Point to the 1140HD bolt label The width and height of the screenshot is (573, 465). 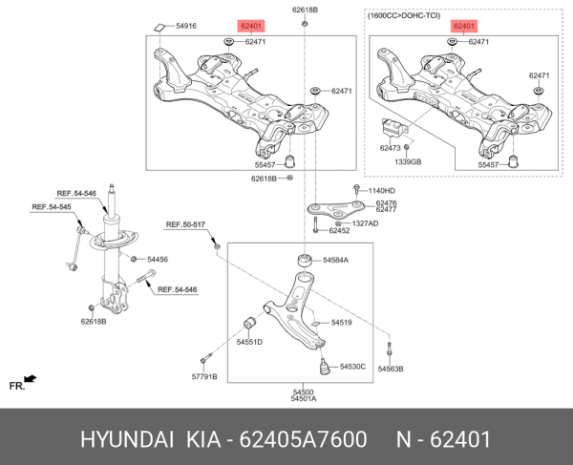(x=380, y=191)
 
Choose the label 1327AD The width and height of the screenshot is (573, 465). (x=363, y=223)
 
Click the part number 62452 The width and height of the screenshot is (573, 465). (x=339, y=231)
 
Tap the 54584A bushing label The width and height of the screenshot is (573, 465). (x=335, y=260)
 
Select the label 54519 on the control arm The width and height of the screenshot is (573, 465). (x=342, y=323)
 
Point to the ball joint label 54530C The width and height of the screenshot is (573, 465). (x=350, y=366)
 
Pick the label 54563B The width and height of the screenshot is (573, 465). (x=391, y=368)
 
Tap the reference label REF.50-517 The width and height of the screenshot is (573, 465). (x=186, y=224)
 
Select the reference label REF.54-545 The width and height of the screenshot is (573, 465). (x=53, y=206)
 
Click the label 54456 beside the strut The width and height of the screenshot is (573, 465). (x=157, y=260)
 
